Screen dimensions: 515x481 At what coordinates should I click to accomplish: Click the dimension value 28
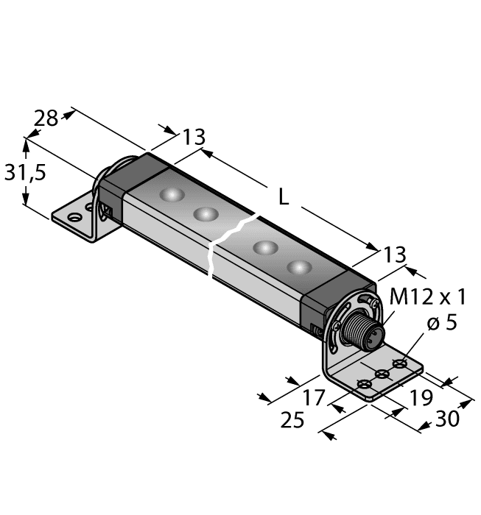coord(46,118)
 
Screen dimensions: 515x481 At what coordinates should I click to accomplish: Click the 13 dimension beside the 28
coord(194,138)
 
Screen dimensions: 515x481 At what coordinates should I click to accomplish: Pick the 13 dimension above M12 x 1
coord(395,255)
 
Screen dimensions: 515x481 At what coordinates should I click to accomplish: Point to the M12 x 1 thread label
coord(427,296)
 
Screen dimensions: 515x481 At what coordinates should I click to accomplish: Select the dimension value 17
coord(314,399)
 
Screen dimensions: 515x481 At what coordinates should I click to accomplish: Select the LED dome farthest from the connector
coord(172,196)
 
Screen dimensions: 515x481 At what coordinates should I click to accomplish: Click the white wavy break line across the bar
coord(215,246)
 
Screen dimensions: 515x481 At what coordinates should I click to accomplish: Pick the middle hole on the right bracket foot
coord(382,374)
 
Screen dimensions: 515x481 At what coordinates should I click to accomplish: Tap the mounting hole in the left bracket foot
coord(74,218)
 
